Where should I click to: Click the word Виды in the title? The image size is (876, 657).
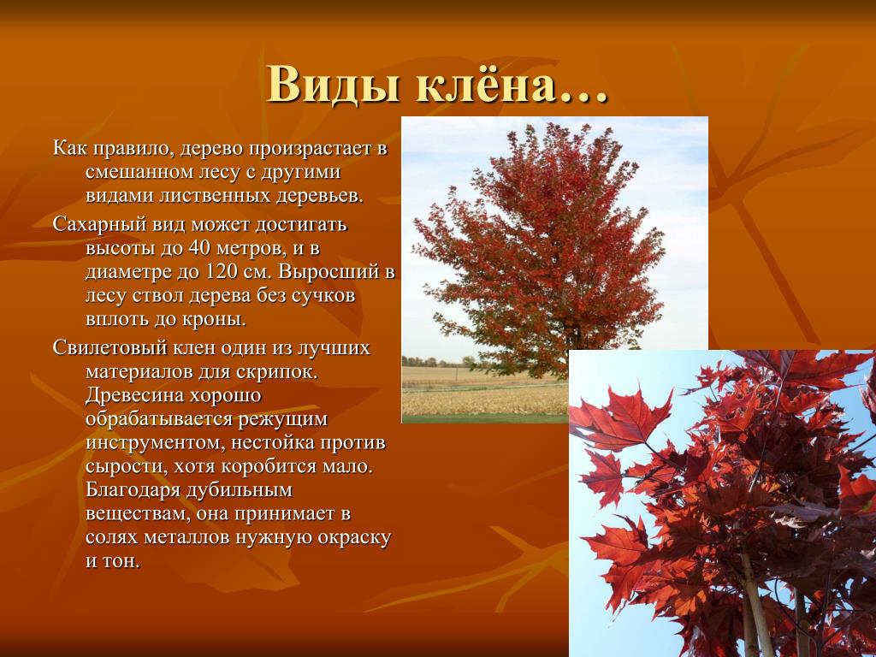pyautogui.click(x=334, y=84)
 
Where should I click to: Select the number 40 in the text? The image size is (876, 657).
pyautogui.click(x=198, y=247)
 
